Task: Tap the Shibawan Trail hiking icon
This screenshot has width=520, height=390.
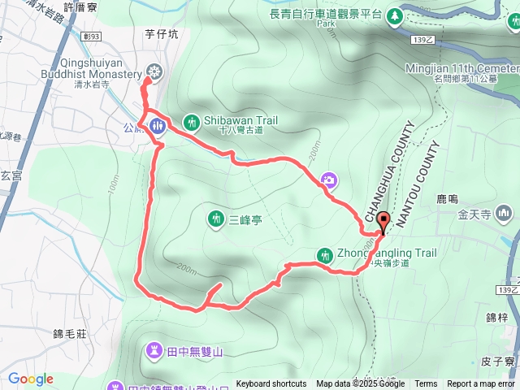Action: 193,122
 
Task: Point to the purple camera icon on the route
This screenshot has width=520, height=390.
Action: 329,180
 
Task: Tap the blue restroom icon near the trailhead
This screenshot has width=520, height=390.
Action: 157,125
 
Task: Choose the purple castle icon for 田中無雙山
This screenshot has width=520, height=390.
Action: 154,350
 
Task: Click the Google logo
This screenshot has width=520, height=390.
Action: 30,379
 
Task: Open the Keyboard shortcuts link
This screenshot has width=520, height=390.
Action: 271,384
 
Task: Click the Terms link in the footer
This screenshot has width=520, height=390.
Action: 425,384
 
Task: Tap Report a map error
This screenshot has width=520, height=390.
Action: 480,384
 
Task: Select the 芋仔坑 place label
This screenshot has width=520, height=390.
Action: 160,35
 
